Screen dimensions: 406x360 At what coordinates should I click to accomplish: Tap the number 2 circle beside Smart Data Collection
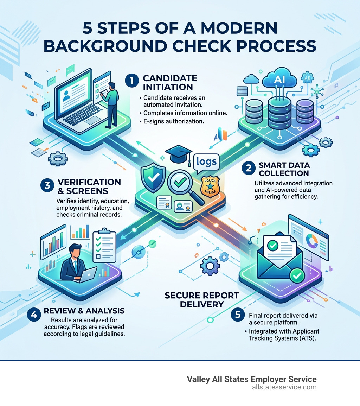[x=249, y=168]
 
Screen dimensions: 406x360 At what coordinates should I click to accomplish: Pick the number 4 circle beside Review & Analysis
[x=34, y=315]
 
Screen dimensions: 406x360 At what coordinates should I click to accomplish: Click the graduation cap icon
[x=178, y=154]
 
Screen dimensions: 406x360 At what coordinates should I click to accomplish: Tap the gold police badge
[x=210, y=185]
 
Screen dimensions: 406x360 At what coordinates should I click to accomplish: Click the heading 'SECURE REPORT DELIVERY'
[x=201, y=299]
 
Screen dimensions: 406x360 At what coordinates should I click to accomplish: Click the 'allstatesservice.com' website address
[x=284, y=387]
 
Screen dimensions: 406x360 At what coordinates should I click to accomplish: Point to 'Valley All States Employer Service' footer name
[x=251, y=379]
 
